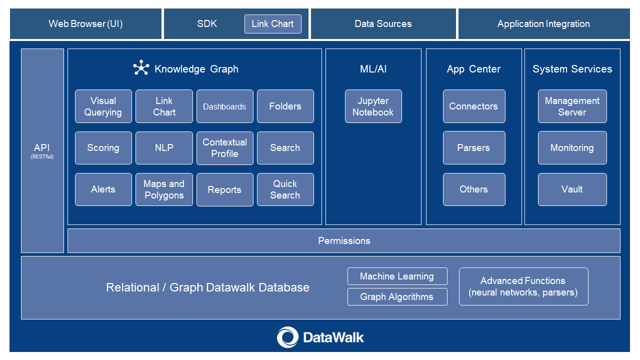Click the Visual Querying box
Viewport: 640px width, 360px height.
tap(103, 106)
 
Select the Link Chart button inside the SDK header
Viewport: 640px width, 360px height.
tap(272, 24)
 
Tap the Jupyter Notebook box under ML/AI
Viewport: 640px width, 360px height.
tap(373, 106)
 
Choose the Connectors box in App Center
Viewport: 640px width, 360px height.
tap(473, 106)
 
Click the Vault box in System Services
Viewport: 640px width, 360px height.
tap(572, 189)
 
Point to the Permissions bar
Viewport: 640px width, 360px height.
tap(344, 241)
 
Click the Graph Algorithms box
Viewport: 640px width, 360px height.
tap(397, 296)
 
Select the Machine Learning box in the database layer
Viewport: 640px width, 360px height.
tap(397, 276)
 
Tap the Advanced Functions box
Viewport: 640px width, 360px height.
tap(523, 286)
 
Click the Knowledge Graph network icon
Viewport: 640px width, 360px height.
tap(141, 68)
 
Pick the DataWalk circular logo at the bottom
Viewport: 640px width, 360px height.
tap(287, 337)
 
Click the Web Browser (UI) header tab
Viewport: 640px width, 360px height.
tap(85, 24)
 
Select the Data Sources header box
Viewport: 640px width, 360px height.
tap(383, 24)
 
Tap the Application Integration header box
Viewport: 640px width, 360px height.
tap(543, 24)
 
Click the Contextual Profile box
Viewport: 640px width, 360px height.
tap(224, 148)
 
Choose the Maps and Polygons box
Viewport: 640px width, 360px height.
tap(164, 189)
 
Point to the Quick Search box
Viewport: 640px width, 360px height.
tap(285, 189)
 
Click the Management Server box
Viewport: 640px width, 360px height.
tap(572, 106)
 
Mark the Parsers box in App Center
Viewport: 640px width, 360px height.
tap(473, 148)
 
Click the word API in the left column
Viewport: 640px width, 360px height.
tap(42, 148)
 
